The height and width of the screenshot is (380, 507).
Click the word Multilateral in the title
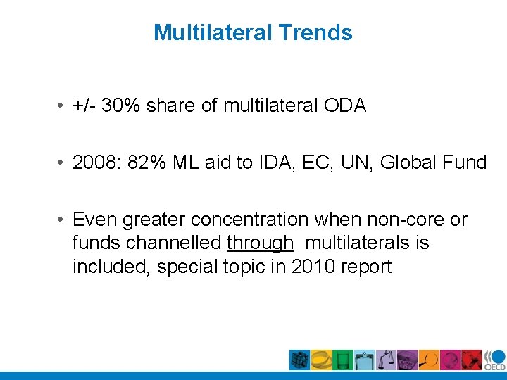coord(213,32)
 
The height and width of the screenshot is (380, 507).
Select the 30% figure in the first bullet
coord(122,106)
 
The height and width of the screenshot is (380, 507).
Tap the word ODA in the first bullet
coord(345,106)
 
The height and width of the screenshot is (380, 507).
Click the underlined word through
coord(260,243)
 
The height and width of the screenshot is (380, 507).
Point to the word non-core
coord(411,220)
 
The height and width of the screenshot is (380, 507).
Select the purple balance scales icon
coord(385,360)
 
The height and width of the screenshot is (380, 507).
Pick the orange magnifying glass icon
coord(428,360)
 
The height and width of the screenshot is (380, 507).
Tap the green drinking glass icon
coord(342,360)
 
